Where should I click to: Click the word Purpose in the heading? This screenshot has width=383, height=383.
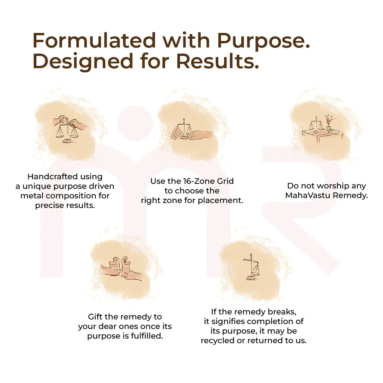(x=263, y=40)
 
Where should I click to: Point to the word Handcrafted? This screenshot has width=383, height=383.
(x=65, y=177)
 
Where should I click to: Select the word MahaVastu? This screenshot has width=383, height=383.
(x=310, y=195)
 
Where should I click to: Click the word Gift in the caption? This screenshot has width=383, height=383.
(x=96, y=317)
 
